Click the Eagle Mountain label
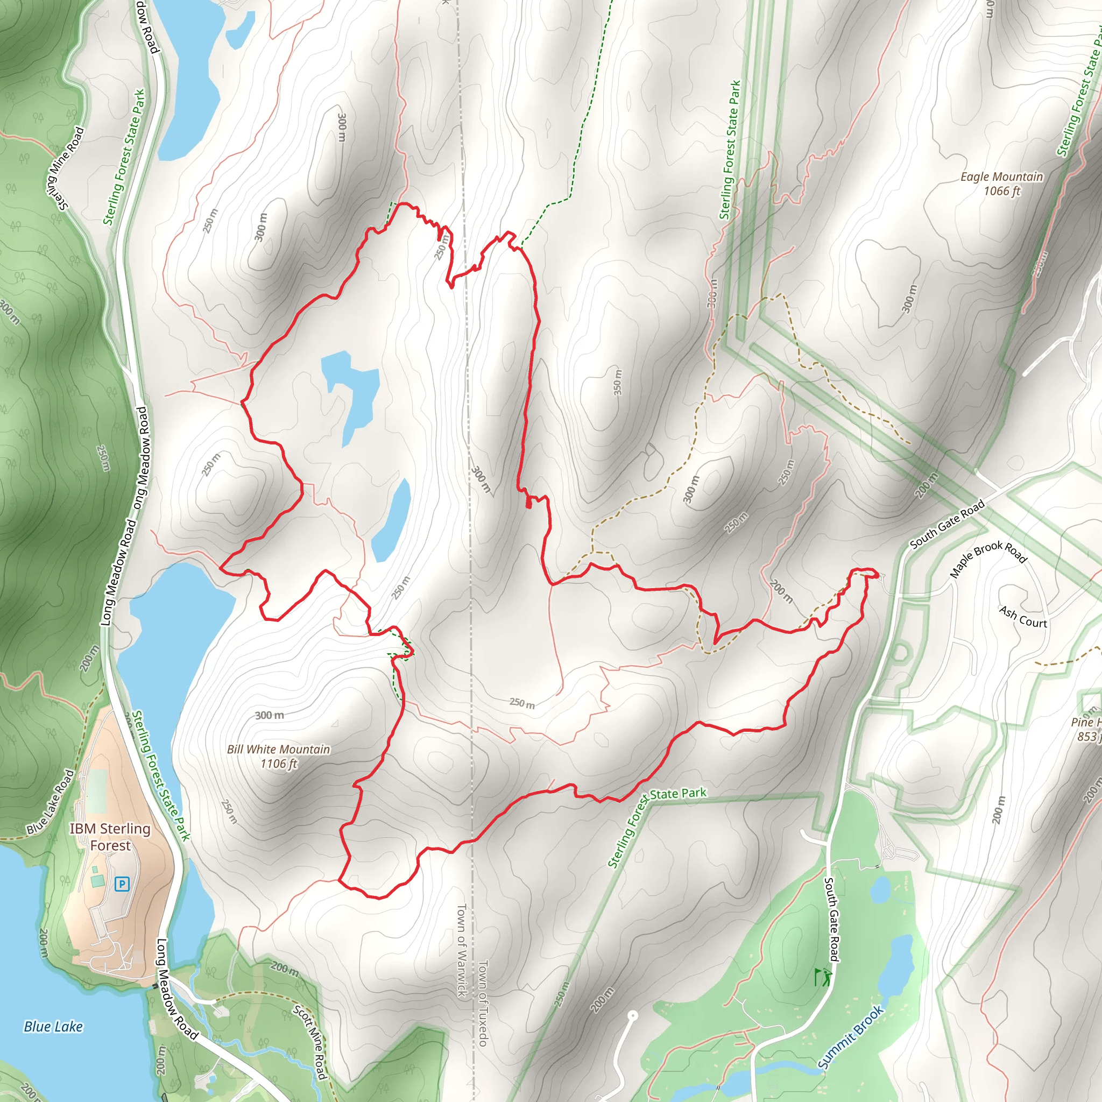click(x=1001, y=177)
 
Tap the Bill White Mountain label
click(x=278, y=749)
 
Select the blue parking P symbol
click(x=122, y=884)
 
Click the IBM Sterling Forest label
click(x=110, y=837)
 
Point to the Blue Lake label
click(x=53, y=1027)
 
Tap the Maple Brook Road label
click(x=988, y=559)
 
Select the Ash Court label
click(x=1023, y=617)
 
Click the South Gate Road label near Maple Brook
click(x=947, y=523)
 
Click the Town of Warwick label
click(x=462, y=950)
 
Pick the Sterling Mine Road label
click(x=65, y=168)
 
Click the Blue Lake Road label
click(x=51, y=802)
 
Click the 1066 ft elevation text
click(x=1001, y=191)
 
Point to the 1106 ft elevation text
click(x=278, y=764)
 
